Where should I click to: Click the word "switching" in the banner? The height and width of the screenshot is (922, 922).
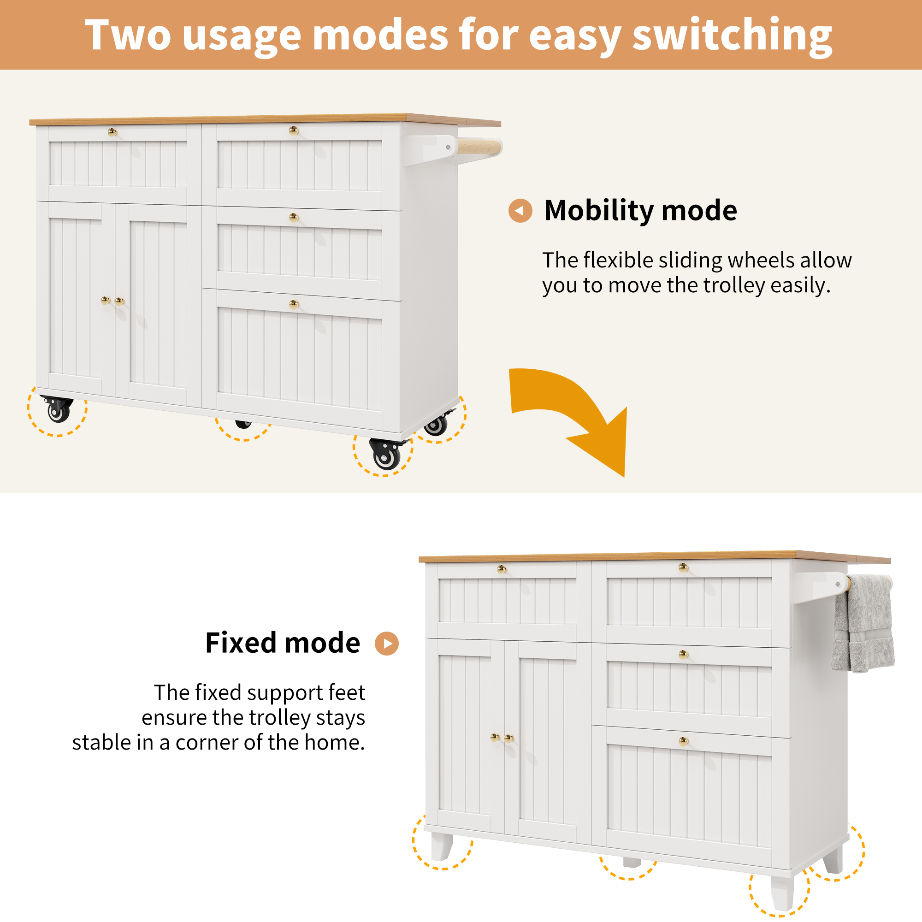pyautogui.click(x=732, y=36)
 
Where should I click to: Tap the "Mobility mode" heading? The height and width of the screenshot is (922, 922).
pyautogui.click(x=640, y=211)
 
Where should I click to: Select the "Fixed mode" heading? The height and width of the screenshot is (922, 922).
pyautogui.click(x=283, y=642)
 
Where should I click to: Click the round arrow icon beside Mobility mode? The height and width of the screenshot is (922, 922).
pyautogui.click(x=520, y=211)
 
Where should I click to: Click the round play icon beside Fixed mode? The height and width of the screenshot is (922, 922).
pyautogui.click(x=387, y=643)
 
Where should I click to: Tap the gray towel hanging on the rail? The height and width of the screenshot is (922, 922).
pyautogui.click(x=863, y=623)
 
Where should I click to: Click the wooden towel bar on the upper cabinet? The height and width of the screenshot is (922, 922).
pyautogui.click(x=479, y=147)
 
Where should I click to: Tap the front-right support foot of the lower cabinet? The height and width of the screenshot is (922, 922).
pyautogui.click(x=782, y=892)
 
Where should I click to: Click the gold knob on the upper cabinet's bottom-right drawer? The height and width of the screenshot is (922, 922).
pyautogui.click(x=294, y=304)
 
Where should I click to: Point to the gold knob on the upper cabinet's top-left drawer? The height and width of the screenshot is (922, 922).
pyautogui.click(x=112, y=132)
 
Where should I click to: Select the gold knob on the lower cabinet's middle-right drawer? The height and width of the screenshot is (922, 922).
pyautogui.click(x=683, y=655)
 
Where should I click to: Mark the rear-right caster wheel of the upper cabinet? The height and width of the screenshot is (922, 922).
pyautogui.click(x=436, y=424)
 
